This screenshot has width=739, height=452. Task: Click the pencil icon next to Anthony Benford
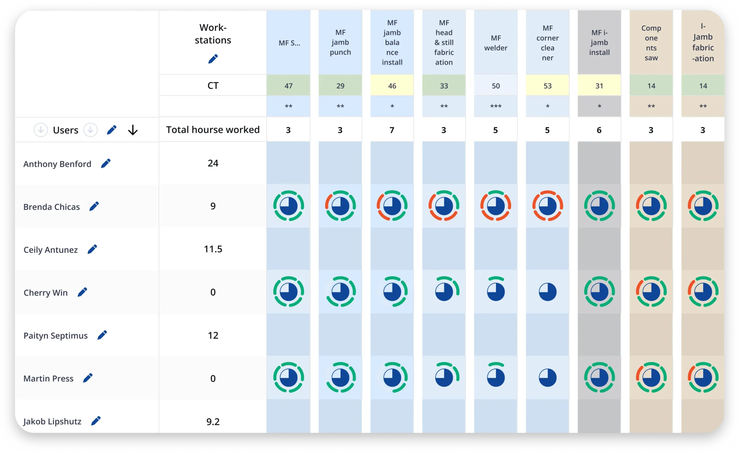coord(106,163)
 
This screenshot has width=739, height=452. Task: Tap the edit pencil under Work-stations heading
coord(213,59)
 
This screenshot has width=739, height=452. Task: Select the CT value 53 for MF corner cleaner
coord(547,86)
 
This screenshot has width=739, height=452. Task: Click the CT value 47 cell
coord(288,86)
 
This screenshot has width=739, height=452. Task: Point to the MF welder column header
coord(495,43)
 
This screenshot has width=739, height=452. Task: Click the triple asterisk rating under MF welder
coord(495,107)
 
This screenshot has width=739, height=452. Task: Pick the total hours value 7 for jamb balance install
coord(392,130)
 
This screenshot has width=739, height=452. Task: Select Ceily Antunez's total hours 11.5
coord(213,249)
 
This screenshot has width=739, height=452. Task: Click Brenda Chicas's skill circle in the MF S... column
coord(288,206)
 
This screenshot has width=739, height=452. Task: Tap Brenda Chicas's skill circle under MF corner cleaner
coord(547,206)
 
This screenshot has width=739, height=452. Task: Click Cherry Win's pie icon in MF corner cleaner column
coord(547,292)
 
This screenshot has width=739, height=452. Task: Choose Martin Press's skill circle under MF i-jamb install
coord(599,378)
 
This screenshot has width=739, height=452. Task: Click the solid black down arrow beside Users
coord(133,130)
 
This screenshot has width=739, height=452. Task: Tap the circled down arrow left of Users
coord(41,130)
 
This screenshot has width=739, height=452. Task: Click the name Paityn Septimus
coord(55,335)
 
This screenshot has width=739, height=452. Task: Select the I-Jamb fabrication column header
coord(703,43)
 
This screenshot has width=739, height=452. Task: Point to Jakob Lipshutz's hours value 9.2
coord(213,421)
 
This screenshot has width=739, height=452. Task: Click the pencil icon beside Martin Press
coord(87,378)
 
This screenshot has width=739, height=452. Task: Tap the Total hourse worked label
coord(213,130)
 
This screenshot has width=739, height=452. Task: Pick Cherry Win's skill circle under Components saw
coord(651,292)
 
